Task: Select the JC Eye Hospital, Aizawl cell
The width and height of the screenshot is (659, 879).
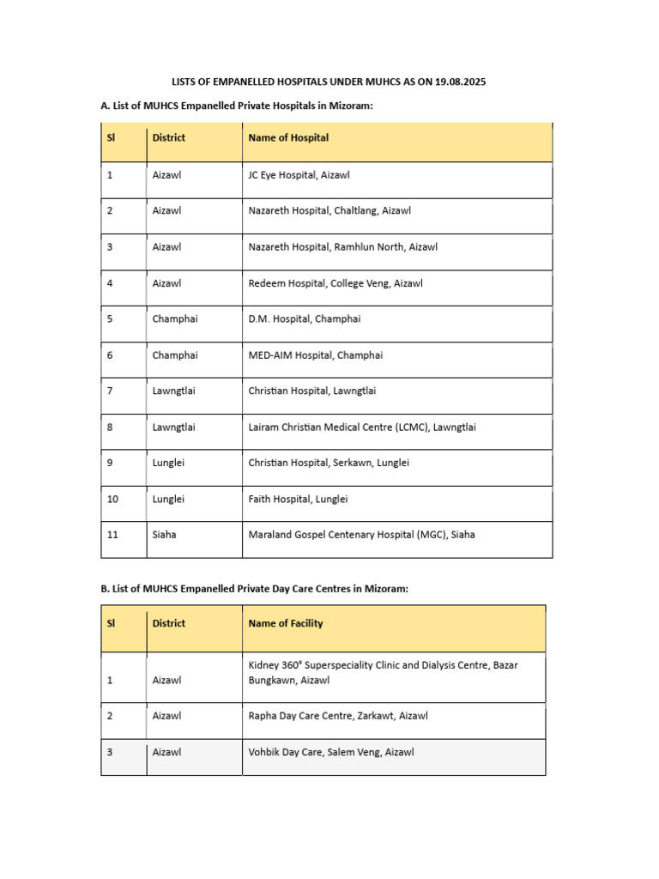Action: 299,174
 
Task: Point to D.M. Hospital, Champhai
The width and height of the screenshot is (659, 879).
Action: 305,318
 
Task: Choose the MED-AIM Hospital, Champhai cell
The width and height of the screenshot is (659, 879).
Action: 315,355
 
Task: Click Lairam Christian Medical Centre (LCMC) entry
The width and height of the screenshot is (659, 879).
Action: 361,427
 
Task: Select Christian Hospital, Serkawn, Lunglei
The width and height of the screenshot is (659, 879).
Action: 329,463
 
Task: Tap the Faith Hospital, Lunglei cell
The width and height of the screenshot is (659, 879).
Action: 298,499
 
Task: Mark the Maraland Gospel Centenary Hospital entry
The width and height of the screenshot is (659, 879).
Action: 361,535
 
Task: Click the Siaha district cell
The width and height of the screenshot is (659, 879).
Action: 165,535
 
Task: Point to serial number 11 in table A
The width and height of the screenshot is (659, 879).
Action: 112,535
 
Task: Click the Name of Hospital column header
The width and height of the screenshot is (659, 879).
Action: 288,137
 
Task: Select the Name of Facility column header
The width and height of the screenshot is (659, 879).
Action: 286,623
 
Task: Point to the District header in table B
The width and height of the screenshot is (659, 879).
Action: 168,623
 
